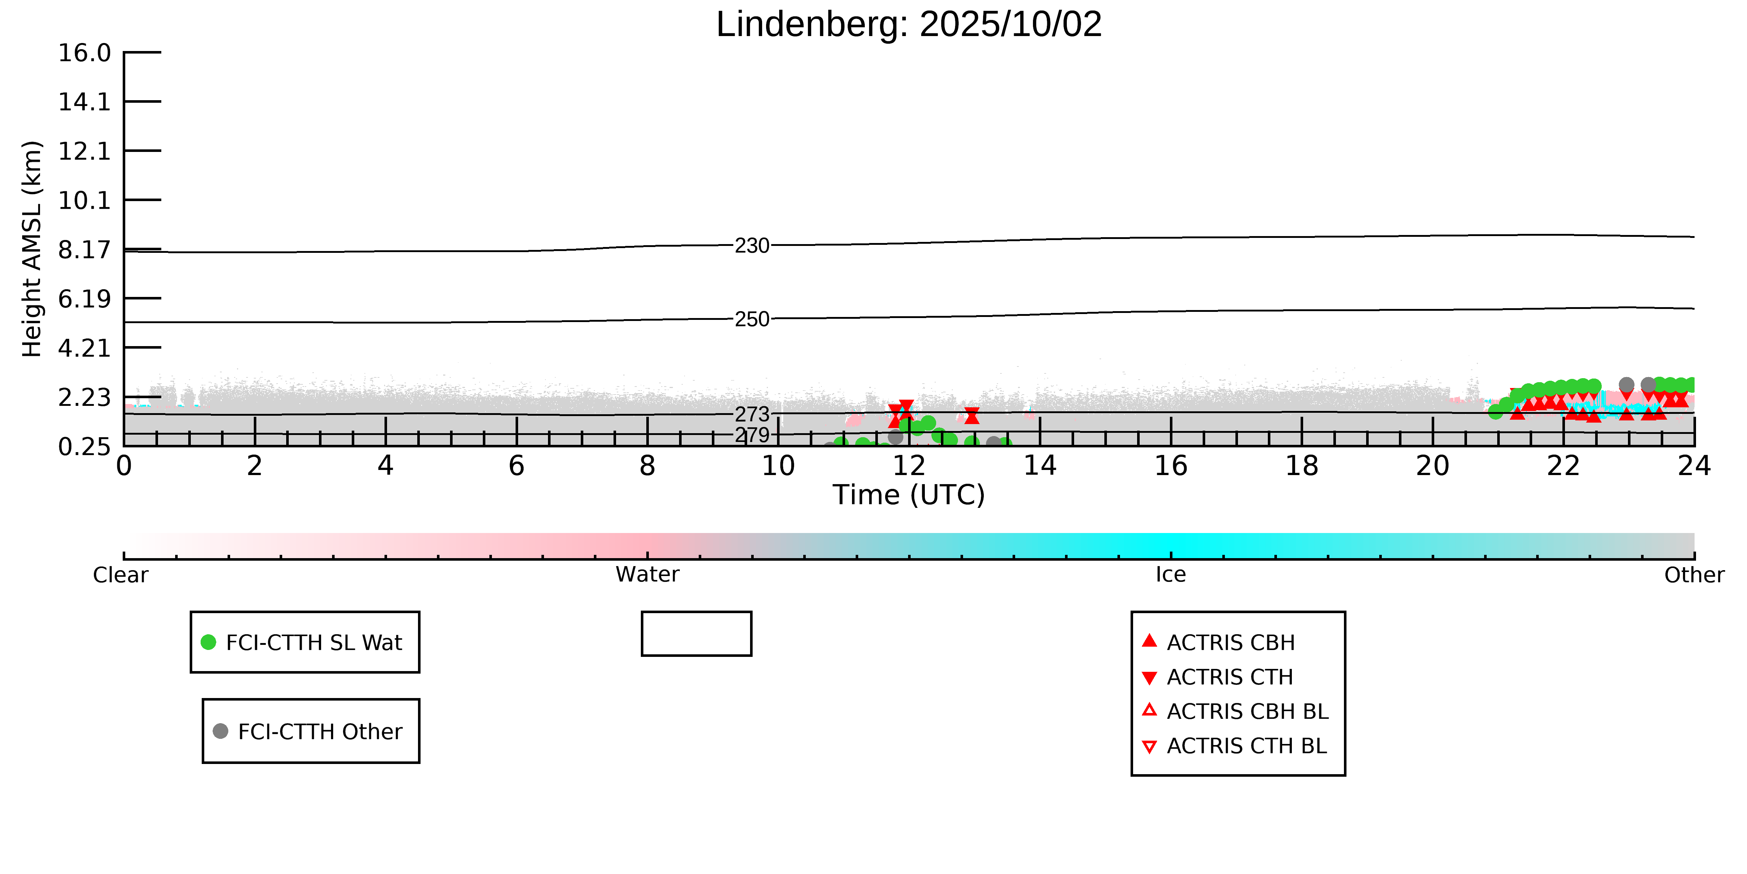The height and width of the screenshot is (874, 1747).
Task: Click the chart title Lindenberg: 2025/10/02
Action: click(909, 25)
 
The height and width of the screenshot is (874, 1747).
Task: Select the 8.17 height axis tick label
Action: click(84, 250)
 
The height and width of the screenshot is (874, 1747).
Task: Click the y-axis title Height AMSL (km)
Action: click(32, 249)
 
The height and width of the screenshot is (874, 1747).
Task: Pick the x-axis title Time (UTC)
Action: click(909, 495)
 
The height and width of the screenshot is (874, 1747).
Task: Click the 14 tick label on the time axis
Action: click(1040, 466)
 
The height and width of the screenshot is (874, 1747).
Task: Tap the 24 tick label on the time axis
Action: click(1694, 466)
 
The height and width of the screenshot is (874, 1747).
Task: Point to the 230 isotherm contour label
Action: click(752, 246)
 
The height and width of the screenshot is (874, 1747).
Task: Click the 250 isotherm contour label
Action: click(752, 319)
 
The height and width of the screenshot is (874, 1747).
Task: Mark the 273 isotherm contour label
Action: click(752, 414)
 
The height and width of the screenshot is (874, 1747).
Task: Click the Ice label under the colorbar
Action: click(1171, 575)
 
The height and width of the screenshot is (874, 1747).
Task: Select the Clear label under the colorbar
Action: click(121, 575)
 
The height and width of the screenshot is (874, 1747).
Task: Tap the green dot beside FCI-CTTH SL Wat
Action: click(209, 642)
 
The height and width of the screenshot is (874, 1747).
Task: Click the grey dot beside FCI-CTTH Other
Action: click(220, 731)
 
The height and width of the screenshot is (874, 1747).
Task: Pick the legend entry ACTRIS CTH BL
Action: click(1246, 746)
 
